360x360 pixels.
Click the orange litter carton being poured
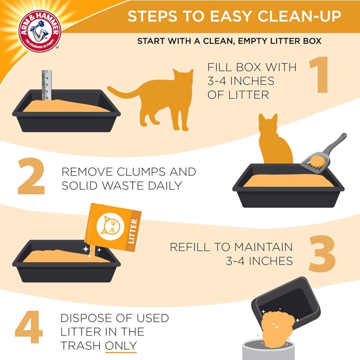pos(115,227)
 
